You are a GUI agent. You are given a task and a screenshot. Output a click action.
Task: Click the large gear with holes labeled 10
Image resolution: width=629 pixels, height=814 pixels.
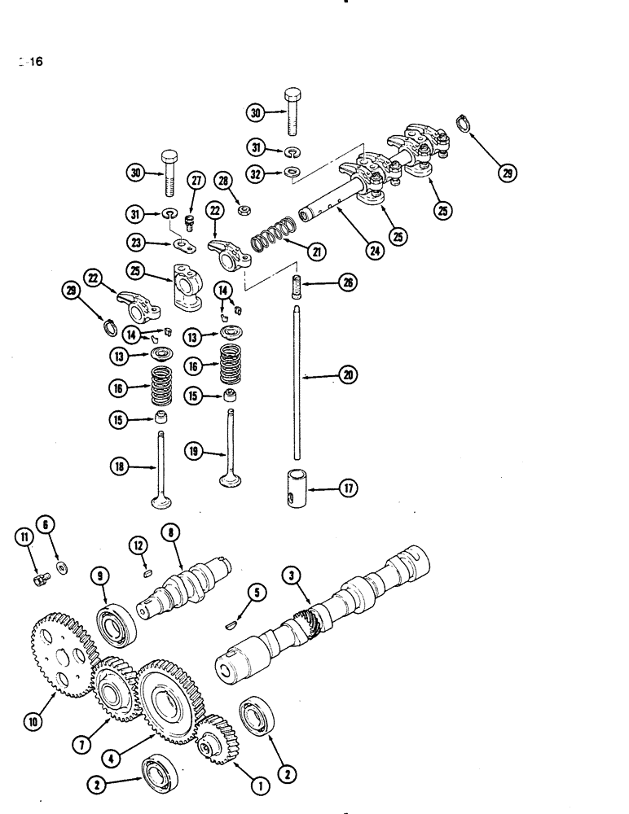(x=62, y=651)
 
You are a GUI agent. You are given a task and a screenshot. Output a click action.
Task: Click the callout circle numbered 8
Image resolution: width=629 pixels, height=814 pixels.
(x=169, y=534)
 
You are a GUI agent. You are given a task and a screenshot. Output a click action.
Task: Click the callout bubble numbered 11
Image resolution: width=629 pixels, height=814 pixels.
(x=24, y=536)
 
